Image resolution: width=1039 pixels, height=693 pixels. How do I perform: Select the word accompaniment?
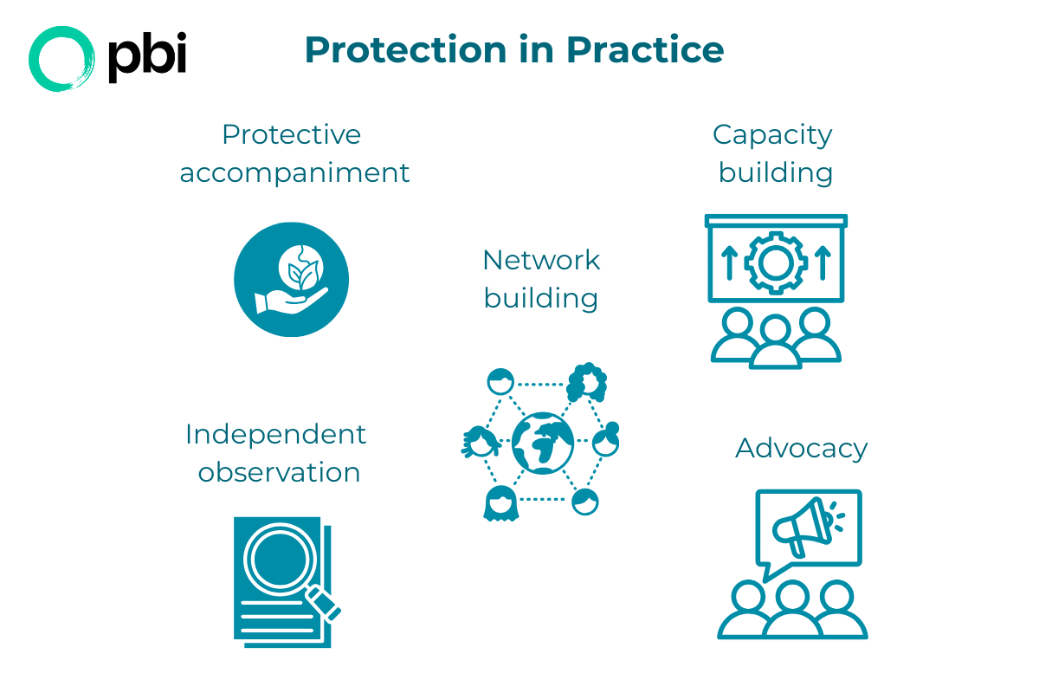coord(294,172)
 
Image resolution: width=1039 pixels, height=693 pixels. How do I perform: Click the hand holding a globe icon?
coord(291,280)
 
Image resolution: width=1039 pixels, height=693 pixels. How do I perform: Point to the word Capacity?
coord(772,134)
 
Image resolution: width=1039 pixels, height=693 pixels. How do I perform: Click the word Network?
coord(541,260)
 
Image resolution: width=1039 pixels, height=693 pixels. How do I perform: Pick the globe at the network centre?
coord(543,443)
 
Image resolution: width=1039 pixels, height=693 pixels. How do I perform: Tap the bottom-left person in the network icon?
coord(500,503)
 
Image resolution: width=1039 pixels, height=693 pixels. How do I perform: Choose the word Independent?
coord(276,434)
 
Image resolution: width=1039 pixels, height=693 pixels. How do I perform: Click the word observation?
coord(279,473)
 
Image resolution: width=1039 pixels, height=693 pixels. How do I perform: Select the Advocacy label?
coord(801,449)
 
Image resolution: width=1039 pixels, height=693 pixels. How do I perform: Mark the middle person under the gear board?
coord(774,341)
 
